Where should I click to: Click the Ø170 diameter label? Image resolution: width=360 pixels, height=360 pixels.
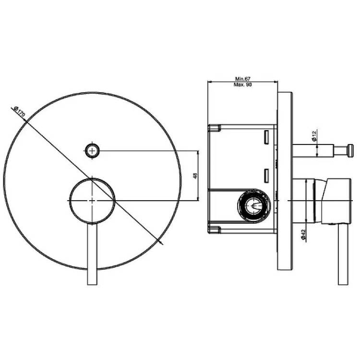20,111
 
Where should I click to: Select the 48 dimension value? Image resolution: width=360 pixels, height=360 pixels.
195,176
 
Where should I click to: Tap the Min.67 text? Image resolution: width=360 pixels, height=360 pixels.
243,79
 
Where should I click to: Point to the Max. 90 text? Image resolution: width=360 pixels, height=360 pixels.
243,84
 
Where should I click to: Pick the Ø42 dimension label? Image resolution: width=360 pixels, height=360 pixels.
303,235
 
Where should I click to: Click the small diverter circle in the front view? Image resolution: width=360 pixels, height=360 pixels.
92,151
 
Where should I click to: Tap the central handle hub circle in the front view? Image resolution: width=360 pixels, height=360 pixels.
92,201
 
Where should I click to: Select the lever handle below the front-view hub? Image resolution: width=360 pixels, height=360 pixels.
92,254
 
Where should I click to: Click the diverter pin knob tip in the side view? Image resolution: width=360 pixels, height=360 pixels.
350,151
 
